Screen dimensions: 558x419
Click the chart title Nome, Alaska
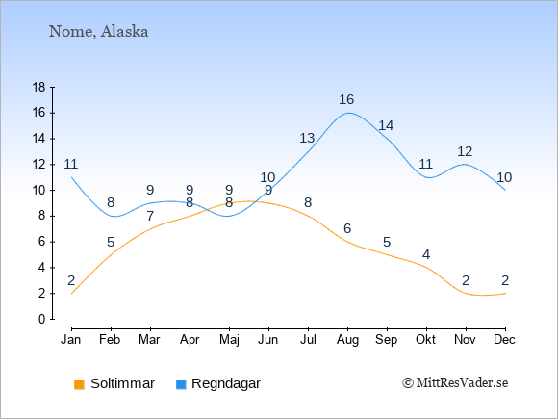(98, 32)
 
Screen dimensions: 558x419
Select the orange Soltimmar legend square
(79, 384)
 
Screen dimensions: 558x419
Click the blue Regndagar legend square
(181, 384)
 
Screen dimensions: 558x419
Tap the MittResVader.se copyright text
(455, 383)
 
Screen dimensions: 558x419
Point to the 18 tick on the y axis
(39, 87)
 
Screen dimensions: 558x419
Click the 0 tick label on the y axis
(42, 319)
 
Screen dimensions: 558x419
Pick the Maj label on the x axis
(229, 340)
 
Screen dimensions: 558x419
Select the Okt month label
(425, 340)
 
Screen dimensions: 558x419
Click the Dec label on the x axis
(505, 340)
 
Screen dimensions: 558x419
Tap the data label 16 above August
(346, 99)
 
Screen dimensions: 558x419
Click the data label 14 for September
(386, 125)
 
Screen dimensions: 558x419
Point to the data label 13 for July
(307, 138)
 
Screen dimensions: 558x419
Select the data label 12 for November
(465, 151)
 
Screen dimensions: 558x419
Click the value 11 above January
(71, 164)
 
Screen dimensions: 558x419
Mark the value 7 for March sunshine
(150, 216)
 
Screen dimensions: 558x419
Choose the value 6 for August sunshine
(347, 228)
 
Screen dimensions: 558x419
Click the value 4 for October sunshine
(426, 254)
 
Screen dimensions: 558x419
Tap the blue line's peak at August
(347, 113)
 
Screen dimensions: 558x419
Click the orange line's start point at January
(71, 294)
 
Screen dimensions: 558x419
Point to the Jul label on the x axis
(308, 340)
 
